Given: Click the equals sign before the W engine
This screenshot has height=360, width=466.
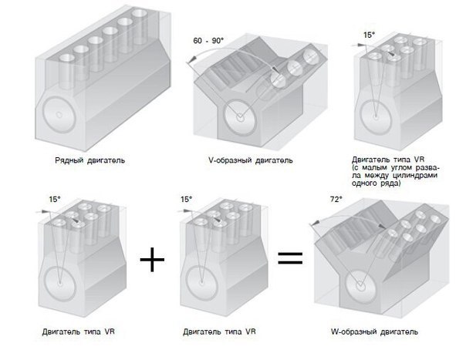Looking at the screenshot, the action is [290, 258].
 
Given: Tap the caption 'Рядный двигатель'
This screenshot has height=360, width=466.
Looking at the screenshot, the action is [89, 160].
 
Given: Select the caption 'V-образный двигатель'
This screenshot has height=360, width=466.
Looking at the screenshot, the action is [250, 160].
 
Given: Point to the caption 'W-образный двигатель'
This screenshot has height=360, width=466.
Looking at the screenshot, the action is [374, 331].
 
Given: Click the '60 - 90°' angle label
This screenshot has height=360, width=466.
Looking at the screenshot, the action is [208, 41].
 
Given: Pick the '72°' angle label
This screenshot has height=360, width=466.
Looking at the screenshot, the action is [336, 200].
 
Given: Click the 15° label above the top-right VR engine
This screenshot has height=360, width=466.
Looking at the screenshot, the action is [369, 35].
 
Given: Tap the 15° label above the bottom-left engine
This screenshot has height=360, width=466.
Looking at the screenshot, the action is [55, 199].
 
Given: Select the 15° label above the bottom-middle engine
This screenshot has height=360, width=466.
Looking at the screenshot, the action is [187, 199].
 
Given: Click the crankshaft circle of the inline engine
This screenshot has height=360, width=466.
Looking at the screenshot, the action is [59, 114].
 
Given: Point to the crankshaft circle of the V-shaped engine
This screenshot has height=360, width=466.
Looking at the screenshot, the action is [240, 118].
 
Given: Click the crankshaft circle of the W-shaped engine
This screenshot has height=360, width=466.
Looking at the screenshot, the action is [361, 287].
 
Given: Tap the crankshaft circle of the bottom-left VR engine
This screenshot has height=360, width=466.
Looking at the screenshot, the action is [60, 283].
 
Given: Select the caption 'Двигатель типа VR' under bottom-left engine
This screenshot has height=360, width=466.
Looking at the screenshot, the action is [78, 331].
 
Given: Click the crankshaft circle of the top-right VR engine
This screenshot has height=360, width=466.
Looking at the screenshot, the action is [376, 116].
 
